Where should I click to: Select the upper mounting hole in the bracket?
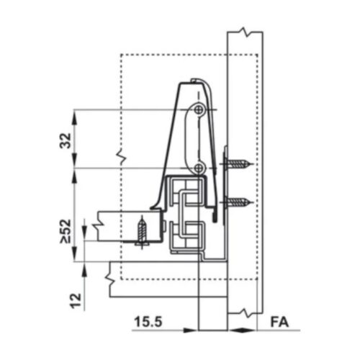click(199, 109)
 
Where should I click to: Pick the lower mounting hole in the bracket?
click(199, 168)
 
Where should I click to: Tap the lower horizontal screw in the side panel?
click(239, 202)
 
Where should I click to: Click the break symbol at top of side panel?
click(245, 33)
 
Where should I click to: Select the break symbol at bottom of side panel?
click(245, 315)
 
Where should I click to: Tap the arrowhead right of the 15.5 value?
click(192, 331)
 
